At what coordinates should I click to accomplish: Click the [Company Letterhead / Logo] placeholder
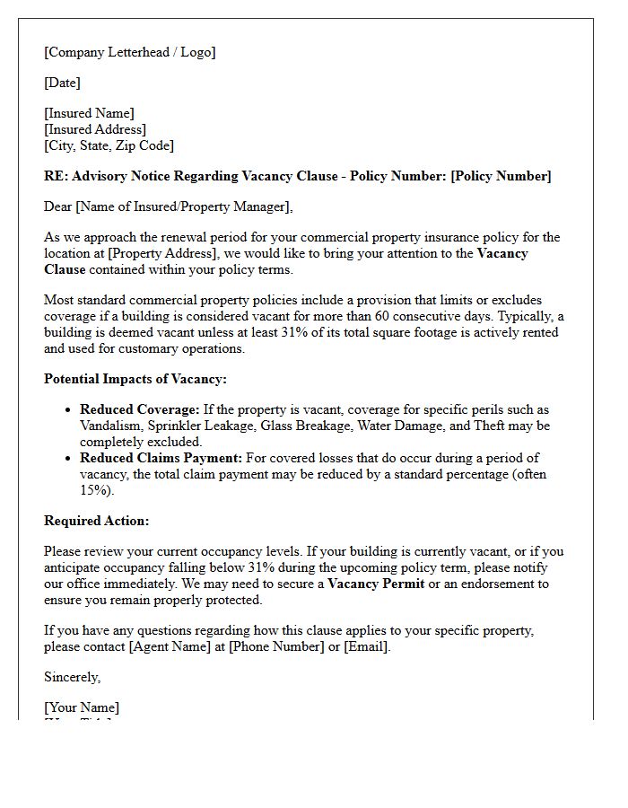pyautogui.click(x=130, y=52)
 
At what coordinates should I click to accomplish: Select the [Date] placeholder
pyautogui.click(x=62, y=83)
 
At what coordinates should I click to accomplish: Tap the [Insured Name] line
pyautogui.click(x=89, y=113)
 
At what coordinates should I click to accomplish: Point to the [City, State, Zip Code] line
pyautogui.click(x=109, y=145)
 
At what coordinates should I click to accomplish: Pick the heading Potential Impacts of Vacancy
pyautogui.click(x=135, y=379)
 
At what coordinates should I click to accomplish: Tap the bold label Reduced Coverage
pyautogui.click(x=139, y=409)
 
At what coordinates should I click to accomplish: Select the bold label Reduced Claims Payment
pyautogui.click(x=161, y=458)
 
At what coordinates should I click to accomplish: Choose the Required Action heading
pyautogui.click(x=97, y=521)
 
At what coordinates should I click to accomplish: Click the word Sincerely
pyautogui.click(x=72, y=677)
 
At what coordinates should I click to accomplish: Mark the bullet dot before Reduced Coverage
pyautogui.click(x=68, y=410)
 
